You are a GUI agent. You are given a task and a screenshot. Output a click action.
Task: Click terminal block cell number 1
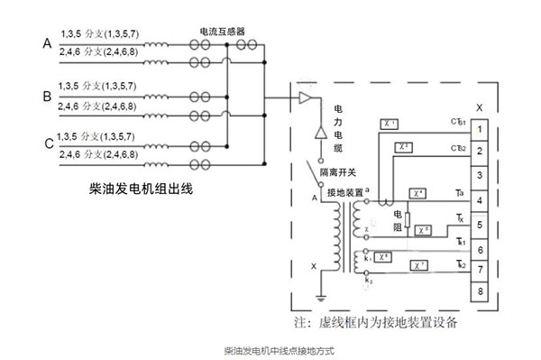click(481, 127)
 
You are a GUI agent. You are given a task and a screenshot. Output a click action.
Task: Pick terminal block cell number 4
click(481, 198)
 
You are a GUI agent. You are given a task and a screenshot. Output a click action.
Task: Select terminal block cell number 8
click(481, 291)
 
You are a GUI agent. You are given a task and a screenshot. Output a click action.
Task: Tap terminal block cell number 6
click(481, 245)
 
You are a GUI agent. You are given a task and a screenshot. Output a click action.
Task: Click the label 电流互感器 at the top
click(221, 31)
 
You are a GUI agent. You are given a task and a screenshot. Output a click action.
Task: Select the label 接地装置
click(346, 192)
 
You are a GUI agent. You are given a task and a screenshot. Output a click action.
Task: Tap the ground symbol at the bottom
click(319, 297)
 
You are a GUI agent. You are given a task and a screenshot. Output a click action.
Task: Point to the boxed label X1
click(391, 120)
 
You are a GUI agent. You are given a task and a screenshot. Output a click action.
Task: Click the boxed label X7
click(417, 264)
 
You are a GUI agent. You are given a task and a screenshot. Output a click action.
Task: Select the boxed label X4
click(417, 193)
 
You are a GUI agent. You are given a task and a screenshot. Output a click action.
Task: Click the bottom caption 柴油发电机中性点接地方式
click(270, 348)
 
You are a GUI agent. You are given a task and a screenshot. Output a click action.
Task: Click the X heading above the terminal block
click(479, 107)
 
